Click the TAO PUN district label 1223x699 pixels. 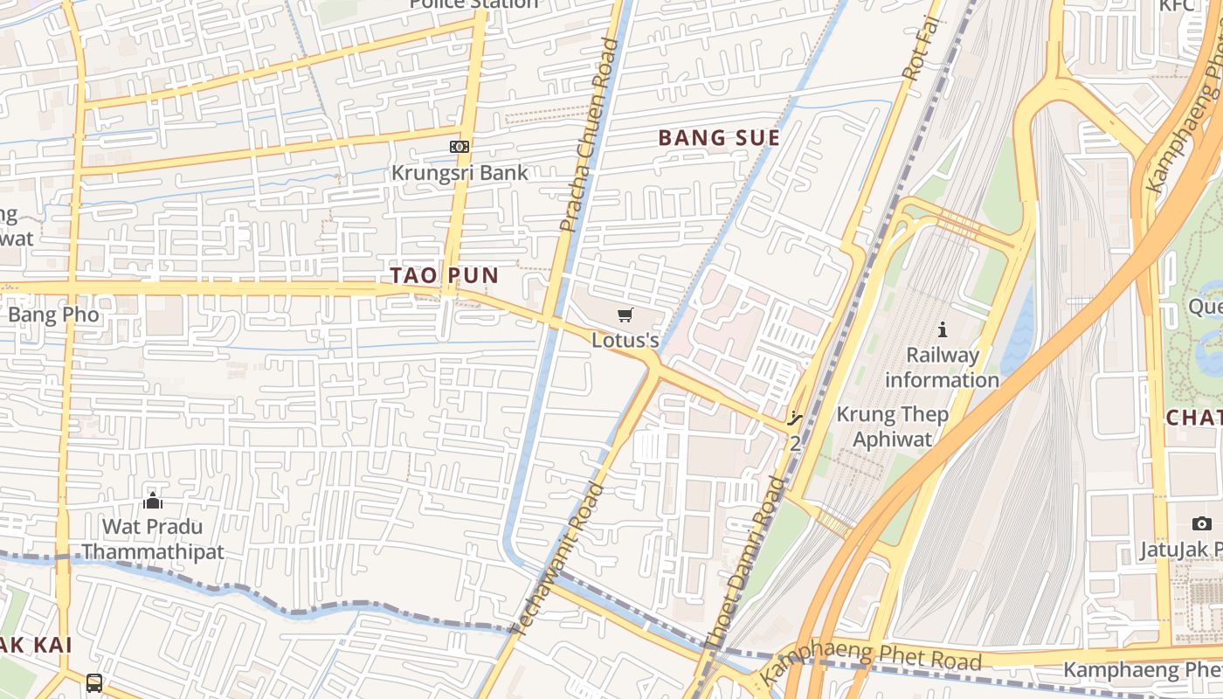point(444,275)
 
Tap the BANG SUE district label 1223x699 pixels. point(718,138)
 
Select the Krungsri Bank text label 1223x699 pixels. point(459,172)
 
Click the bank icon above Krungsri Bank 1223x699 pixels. point(459,147)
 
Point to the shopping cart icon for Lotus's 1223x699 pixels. point(625,315)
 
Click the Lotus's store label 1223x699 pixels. point(625,340)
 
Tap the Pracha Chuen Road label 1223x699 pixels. point(589,135)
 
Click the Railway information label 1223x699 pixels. point(942,367)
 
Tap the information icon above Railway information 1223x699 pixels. point(942,330)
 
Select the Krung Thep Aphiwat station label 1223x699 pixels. point(893,426)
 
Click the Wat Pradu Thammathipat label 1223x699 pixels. point(153,539)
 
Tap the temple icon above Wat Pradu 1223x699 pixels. point(153,501)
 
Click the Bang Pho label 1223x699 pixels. point(53,315)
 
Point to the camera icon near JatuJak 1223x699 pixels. point(1202,523)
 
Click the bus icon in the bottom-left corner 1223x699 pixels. point(94,682)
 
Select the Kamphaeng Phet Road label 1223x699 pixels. point(872,661)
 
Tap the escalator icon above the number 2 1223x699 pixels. point(794,419)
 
